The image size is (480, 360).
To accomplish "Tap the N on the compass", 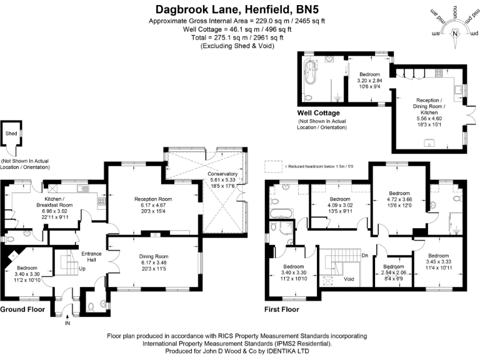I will (455, 33).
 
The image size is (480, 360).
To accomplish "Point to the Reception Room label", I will (153, 199).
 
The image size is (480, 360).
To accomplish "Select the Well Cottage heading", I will (319, 113).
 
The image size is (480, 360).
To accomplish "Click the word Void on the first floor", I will (349, 279).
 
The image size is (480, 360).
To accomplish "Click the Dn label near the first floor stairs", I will (364, 255).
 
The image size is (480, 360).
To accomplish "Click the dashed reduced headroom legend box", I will (272, 166).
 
